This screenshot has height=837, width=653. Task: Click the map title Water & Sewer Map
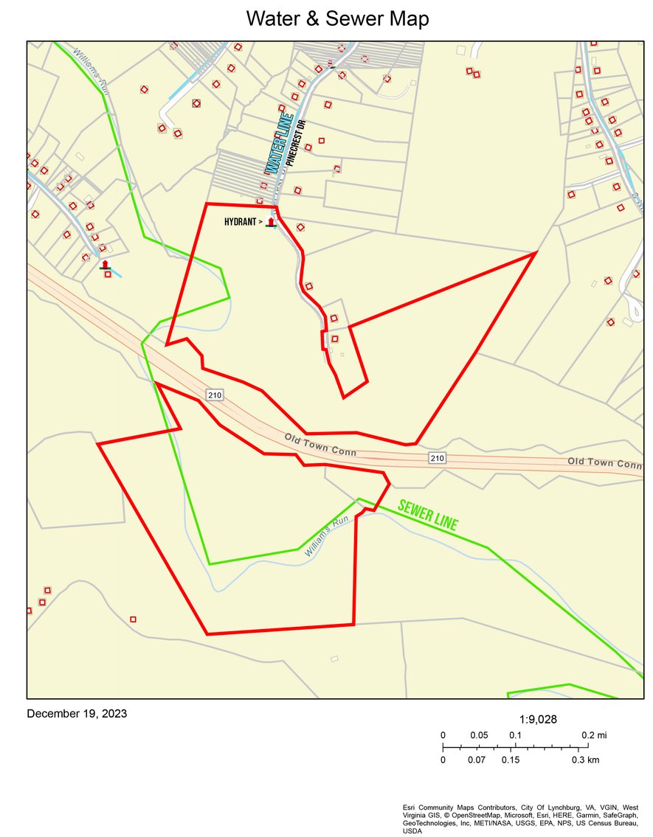(x=337, y=19)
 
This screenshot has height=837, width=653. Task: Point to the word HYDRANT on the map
(x=241, y=221)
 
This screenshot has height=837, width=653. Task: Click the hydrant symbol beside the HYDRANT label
(x=271, y=222)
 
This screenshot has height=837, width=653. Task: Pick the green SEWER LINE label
(x=427, y=516)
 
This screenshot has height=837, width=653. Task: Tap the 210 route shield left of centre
(x=214, y=396)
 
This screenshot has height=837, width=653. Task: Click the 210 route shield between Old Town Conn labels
(x=437, y=459)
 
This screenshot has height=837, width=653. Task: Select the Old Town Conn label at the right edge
(x=604, y=463)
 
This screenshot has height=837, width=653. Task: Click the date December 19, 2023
(x=77, y=713)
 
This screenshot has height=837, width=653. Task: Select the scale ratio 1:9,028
(x=538, y=720)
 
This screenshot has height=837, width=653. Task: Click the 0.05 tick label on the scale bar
(x=479, y=735)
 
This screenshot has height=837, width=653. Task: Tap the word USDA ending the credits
(x=412, y=831)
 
